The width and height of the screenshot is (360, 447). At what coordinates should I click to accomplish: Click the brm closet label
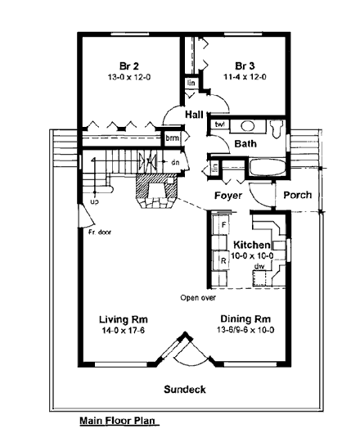[x=172, y=138]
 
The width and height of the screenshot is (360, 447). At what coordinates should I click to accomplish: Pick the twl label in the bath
[x=219, y=125]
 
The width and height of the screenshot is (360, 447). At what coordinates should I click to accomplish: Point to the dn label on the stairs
[x=175, y=162]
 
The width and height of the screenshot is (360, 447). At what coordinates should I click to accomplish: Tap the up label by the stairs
[x=95, y=201]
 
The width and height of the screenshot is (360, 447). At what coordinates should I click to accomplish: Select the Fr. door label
[x=100, y=233]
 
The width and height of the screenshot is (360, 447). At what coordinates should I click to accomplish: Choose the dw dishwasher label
[x=259, y=266]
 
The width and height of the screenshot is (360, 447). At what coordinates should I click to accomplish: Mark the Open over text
[x=199, y=298]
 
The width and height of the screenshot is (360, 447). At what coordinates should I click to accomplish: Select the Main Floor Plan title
[x=116, y=423]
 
